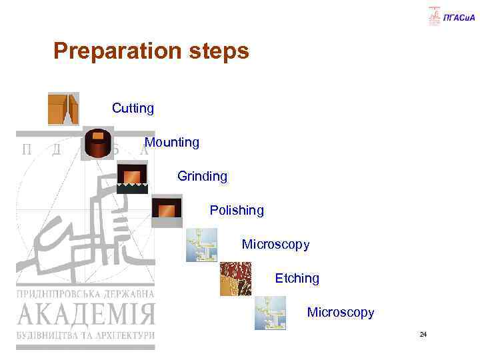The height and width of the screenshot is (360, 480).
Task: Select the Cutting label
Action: [x=133, y=108]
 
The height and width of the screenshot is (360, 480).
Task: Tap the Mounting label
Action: [x=171, y=142]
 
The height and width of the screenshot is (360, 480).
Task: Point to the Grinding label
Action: [x=202, y=177]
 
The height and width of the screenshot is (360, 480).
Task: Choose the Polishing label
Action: [x=237, y=211]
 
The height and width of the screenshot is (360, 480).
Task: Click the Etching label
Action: [x=297, y=278]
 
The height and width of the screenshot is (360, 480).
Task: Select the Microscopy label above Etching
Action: [x=275, y=245]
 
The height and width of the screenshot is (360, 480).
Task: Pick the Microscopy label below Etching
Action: [x=341, y=312]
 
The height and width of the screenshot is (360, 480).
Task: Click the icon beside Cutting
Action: [x=63, y=109]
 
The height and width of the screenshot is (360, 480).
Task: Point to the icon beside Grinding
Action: [x=132, y=177]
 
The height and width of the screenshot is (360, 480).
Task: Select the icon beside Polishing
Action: [x=167, y=211]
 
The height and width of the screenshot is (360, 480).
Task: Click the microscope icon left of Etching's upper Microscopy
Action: [x=201, y=245]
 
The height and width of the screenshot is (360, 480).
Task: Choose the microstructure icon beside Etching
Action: [x=236, y=279]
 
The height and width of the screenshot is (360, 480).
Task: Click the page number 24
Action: [x=423, y=334]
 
